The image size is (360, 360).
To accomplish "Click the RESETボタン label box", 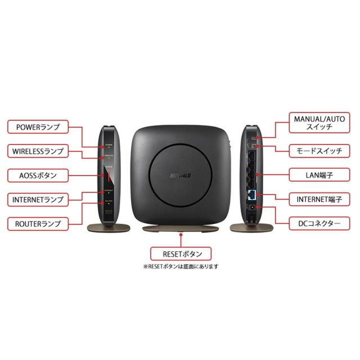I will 180,253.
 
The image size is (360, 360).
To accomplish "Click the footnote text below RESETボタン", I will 180,267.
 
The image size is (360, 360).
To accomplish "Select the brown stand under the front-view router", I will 180,228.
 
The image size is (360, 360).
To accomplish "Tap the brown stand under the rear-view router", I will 252,228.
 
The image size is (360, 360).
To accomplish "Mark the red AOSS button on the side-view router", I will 109,176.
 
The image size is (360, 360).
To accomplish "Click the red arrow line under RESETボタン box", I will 180,239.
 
